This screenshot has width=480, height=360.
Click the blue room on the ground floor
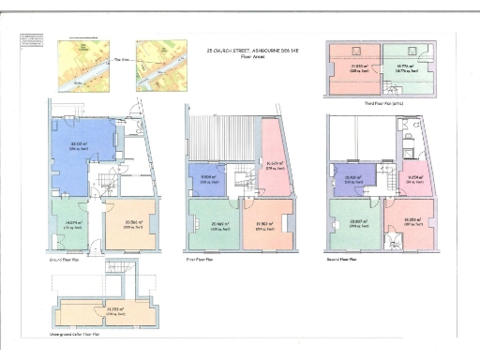point(79,147)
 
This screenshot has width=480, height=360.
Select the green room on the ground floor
point(71,225)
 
